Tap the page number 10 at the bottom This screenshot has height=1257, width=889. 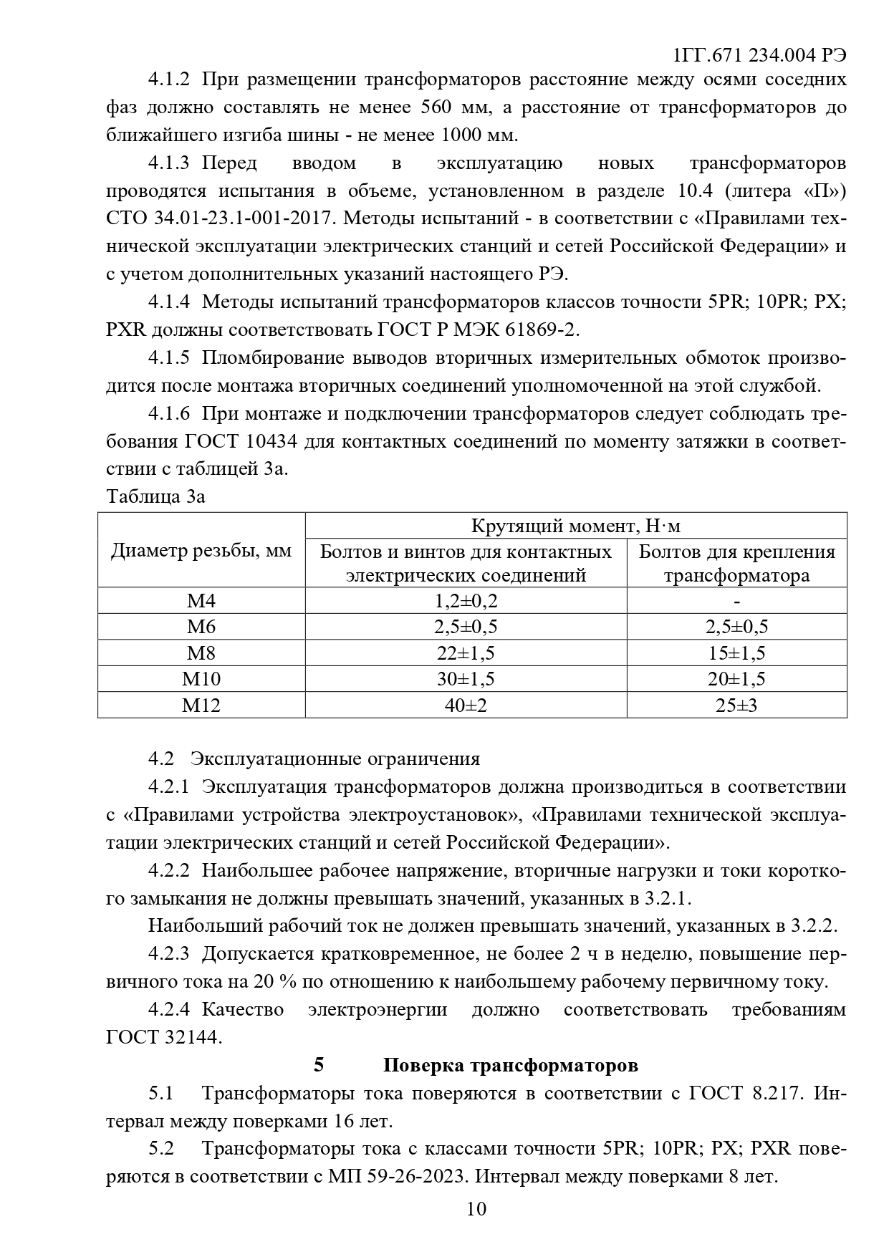476,1209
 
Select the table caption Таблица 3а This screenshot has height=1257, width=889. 155,496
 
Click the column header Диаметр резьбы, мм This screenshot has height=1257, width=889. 201,551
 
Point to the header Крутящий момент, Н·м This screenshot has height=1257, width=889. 576,526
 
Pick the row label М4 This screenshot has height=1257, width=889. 201,601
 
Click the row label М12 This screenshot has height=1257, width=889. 201,705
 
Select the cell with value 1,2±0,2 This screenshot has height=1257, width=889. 466,601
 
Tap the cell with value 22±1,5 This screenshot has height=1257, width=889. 466,653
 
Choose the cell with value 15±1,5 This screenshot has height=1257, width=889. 736,653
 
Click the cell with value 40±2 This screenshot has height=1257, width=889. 466,705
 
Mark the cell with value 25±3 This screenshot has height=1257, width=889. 736,705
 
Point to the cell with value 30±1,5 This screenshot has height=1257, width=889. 466,679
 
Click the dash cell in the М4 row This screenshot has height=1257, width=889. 736,601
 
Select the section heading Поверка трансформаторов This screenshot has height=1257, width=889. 510,1065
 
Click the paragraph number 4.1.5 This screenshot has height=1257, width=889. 169,357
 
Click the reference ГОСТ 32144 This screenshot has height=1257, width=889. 164,1037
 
